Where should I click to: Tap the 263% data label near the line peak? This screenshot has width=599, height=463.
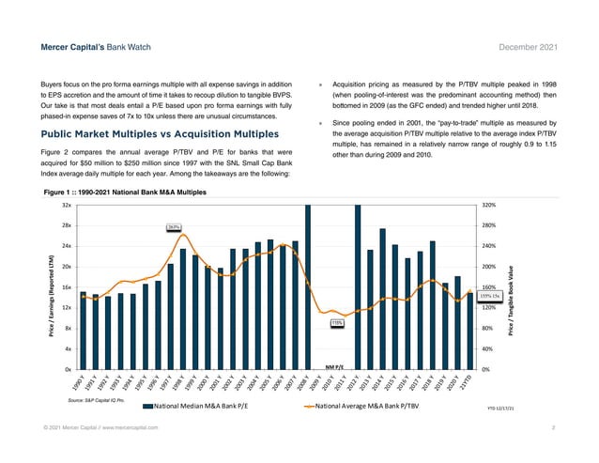tap(174, 226)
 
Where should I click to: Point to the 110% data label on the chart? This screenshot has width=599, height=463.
tap(336, 323)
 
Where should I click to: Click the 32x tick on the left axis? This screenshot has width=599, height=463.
tap(67, 205)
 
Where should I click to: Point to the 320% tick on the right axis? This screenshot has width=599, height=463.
tap(488, 205)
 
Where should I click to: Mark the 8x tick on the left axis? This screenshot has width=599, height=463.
tap(69, 328)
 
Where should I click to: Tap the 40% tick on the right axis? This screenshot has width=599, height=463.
tap(486, 348)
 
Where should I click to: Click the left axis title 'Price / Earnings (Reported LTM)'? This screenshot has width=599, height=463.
tap(47, 286)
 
